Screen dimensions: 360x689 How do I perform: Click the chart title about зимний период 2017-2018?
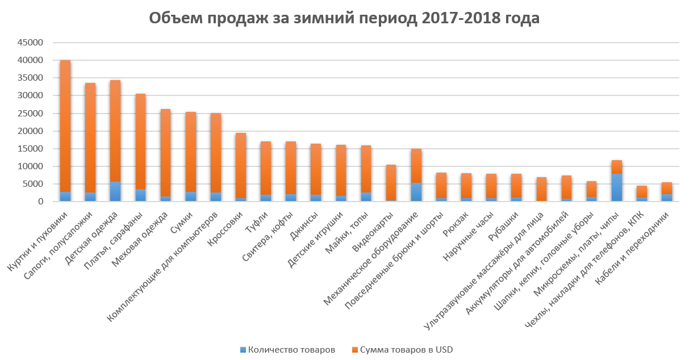[x=344, y=19]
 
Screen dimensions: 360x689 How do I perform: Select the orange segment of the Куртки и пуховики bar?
[x=65, y=125]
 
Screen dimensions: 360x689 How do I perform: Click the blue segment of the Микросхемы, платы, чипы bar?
[x=617, y=187]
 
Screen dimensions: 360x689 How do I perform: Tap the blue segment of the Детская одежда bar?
[x=115, y=191]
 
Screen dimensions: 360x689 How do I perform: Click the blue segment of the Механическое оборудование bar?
[x=417, y=192]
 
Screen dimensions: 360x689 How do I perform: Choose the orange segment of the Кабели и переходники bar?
[x=667, y=188]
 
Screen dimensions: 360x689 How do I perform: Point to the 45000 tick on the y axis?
[x=32, y=43]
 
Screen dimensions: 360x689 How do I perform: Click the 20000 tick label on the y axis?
[x=32, y=131]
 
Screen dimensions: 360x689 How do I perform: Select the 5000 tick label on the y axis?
[x=34, y=184]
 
